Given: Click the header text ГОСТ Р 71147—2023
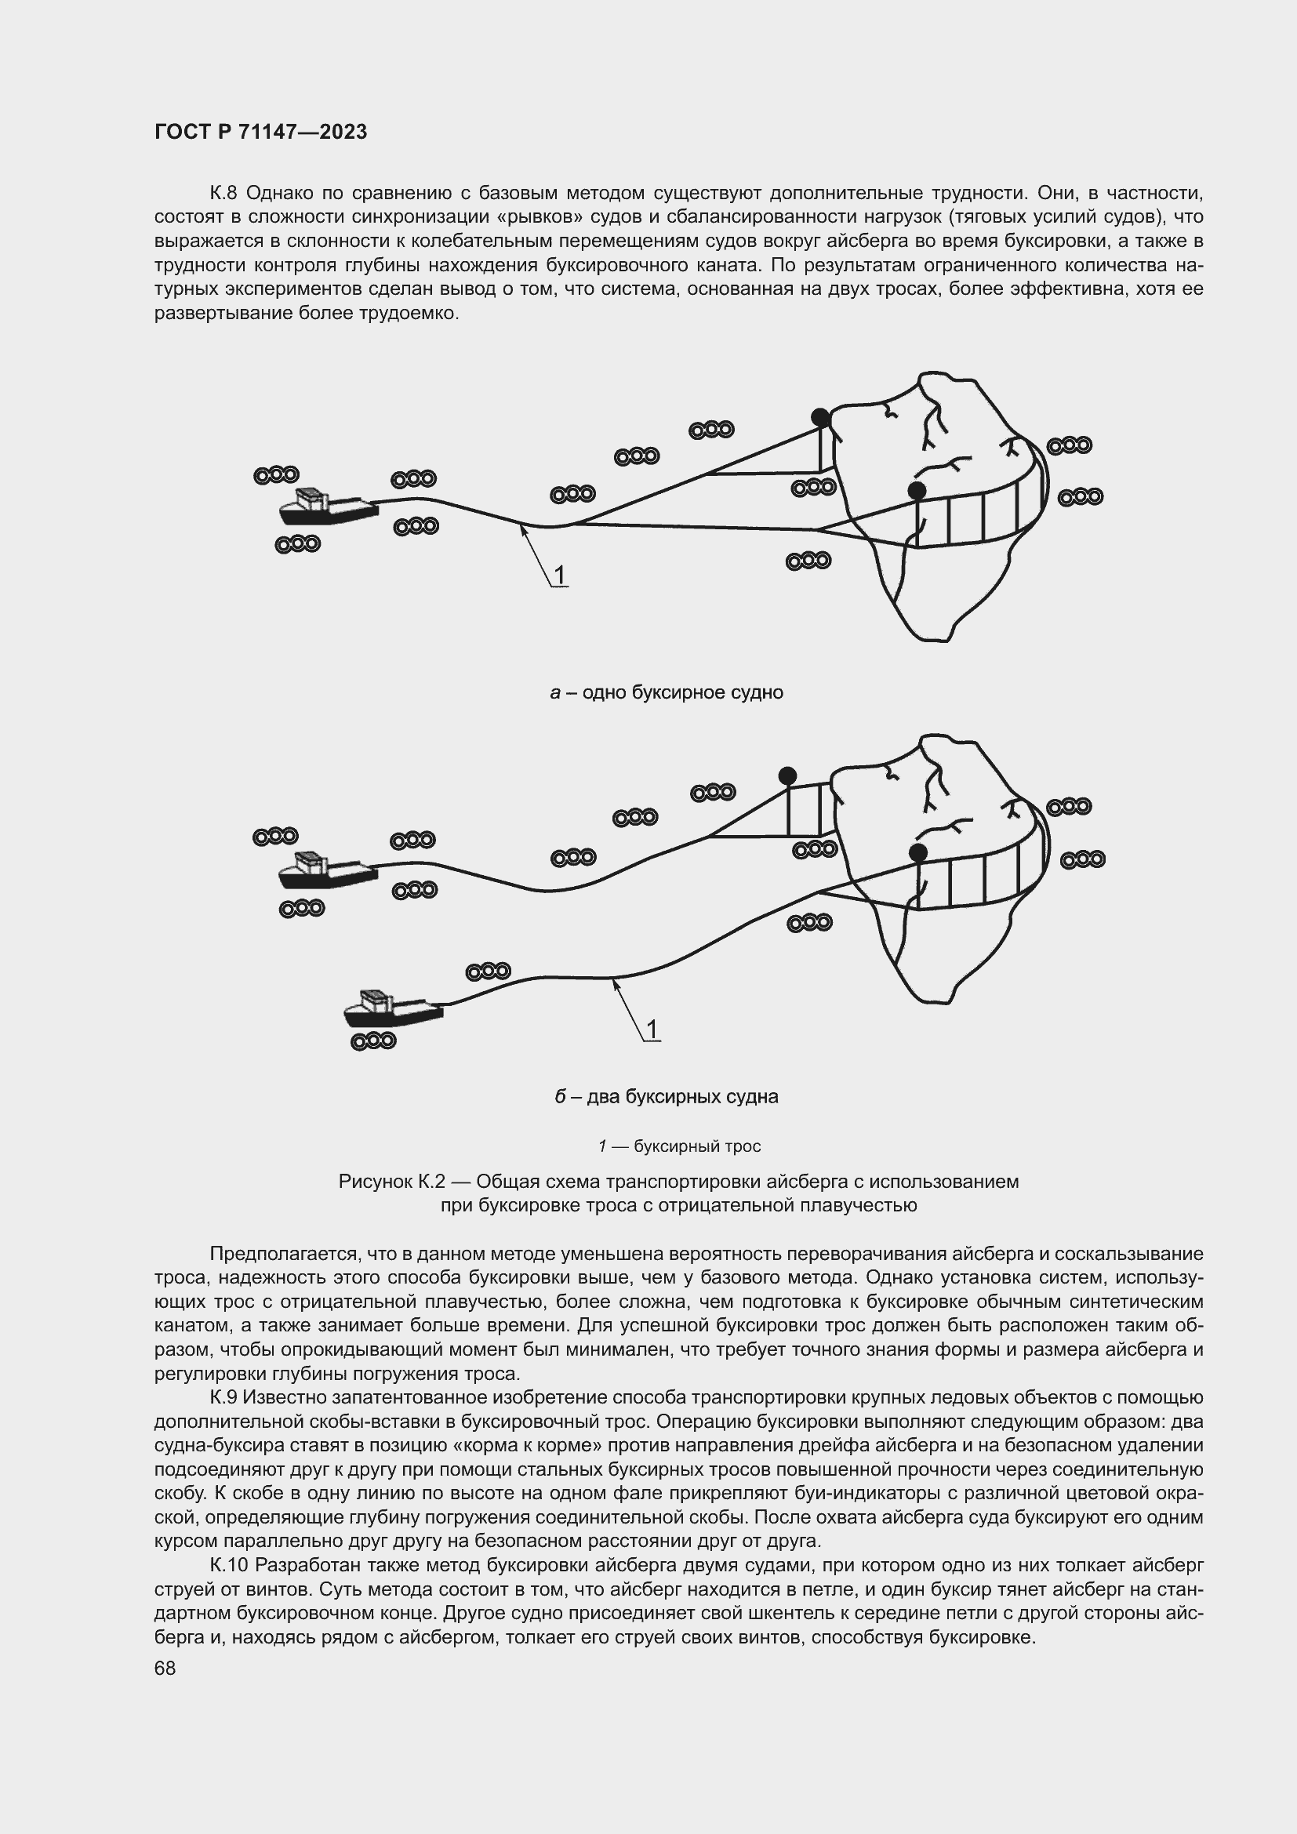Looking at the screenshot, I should tap(260, 132).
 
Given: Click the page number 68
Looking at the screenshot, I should tap(165, 1668).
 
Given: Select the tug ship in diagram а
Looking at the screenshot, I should tap(328, 507).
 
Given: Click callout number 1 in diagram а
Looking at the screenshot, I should tap(560, 574).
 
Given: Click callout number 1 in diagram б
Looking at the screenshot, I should tap(652, 1030).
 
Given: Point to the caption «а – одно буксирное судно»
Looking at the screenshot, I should tap(666, 692).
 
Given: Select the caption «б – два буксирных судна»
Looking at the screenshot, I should tap(666, 1097).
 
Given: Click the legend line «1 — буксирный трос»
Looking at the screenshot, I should tap(679, 1146).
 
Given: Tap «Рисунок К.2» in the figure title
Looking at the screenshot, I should tap(391, 1181).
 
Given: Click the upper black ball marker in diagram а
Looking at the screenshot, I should tap(820, 417).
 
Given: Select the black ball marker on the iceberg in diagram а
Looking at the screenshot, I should tap(917, 489).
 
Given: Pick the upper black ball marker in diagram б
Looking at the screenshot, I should tap(787, 775).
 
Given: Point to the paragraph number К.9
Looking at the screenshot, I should tap(223, 1397).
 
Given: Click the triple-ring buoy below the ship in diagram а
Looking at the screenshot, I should tap(297, 544).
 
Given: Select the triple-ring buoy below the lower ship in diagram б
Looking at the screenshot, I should tap(373, 1040).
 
